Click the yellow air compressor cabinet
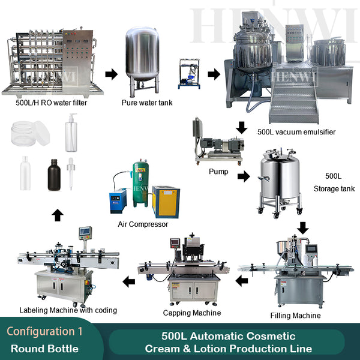[166, 200]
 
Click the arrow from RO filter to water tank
[111, 74]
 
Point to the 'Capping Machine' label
[192, 313]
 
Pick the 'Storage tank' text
[334, 189]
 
